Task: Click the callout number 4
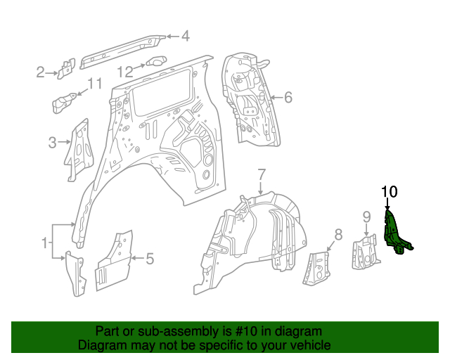coord(186,36)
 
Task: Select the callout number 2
coord(41,71)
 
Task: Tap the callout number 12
coord(124,71)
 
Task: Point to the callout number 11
coord(95,84)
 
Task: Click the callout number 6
coord(288,98)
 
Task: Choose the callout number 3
coord(52,143)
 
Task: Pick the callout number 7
coord(261,174)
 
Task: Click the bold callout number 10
coord(390,191)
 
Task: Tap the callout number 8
coord(337,234)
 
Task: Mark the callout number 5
coord(149,259)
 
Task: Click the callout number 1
coord(45,243)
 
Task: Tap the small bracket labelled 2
coord(67,67)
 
